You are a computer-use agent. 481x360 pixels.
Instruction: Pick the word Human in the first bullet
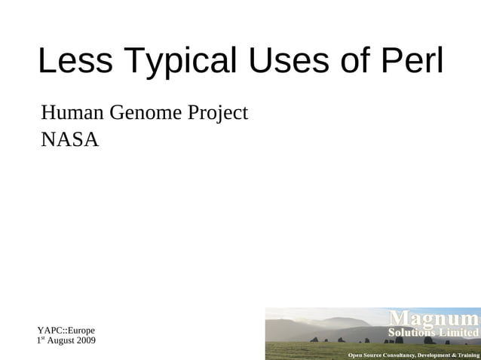click(x=72, y=114)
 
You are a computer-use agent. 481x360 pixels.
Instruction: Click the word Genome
click(x=146, y=114)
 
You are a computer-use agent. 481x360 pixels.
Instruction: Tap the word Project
click(x=217, y=114)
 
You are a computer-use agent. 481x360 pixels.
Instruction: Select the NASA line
click(x=69, y=140)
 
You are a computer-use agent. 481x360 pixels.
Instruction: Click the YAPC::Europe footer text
click(x=66, y=330)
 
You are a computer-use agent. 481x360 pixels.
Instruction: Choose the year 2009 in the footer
click(x=85, y=341)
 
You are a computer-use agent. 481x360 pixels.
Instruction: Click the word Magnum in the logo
click(x=433, y=318)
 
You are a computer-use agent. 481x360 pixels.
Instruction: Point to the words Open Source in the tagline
click(x=364, y=354)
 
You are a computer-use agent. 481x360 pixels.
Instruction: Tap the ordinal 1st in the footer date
click(x=41, y=341)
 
